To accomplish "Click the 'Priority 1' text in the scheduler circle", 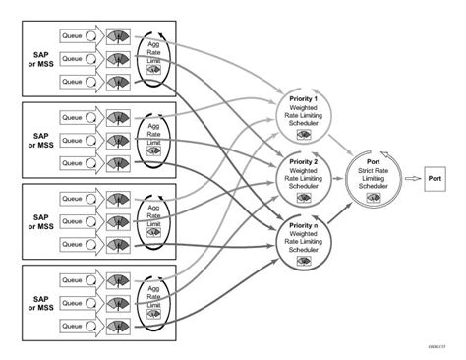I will click(x=305, y=101).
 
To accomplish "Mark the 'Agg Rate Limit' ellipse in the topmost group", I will click(x=153, y=56).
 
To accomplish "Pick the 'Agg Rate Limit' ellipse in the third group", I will click(x=153, y=217).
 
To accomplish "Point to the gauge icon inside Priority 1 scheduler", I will click(x=305, y=140).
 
